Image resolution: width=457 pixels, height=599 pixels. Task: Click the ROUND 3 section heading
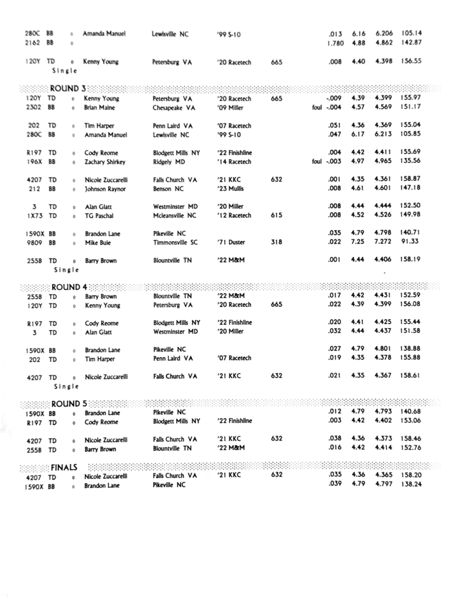tap(68, 88)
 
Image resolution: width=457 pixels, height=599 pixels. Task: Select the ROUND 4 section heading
tap(68, 287)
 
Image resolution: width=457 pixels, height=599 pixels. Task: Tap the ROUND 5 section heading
tap(68, 404)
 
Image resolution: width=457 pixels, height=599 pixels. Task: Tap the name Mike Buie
tap(98, 243)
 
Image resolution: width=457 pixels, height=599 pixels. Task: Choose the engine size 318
tap(277, 242)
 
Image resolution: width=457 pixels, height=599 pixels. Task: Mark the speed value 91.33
tap(413, 242)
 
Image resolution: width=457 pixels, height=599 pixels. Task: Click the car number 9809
tap(34, 243)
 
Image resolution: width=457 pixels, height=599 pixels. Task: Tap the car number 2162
tap(33, 43)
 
